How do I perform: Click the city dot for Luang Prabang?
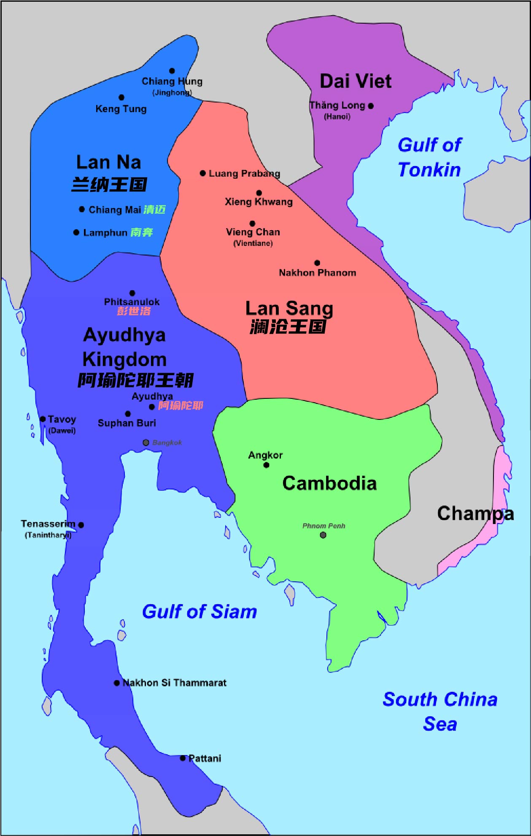click(202, 173)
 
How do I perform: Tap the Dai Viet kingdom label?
click(355, 81)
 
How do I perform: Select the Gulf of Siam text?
click(199, 611)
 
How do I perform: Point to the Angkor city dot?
click(266, 465)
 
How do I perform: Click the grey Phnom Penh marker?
click(323, 535)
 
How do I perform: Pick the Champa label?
click(475, 513)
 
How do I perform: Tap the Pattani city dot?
click(183, 758)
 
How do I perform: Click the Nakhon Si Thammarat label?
click(174, 683)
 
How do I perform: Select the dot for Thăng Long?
click(371, 106)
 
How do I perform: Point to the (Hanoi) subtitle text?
click(337, 116)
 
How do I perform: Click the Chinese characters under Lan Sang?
click(288, 327)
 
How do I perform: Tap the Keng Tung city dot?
click(121, 97)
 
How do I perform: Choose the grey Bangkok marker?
click(146, 442)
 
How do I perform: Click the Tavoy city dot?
click(43, 419)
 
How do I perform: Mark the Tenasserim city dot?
click(81, 525)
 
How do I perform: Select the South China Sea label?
click(440, 712)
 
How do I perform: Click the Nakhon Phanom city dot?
click(317, 263)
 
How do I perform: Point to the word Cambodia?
click(329, 483)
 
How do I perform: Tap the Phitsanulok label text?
click(132, 302)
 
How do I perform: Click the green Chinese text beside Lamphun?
click(142, 232)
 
